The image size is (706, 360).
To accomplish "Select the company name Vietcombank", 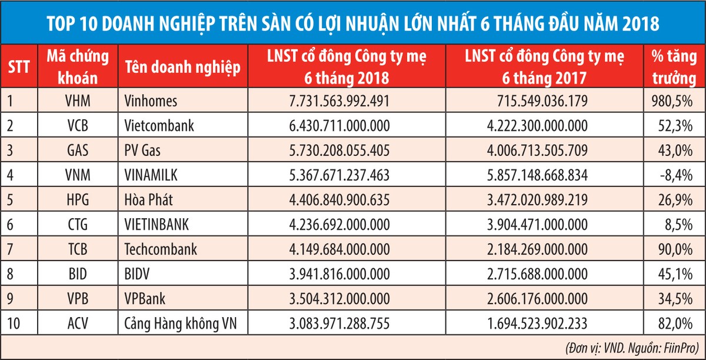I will pyautogui.click(x=158, y=126).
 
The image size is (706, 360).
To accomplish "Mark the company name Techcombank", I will pyautogui.click(x=161, y=249).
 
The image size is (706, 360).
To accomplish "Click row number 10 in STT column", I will pyautogui.click(x=14, y=324).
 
